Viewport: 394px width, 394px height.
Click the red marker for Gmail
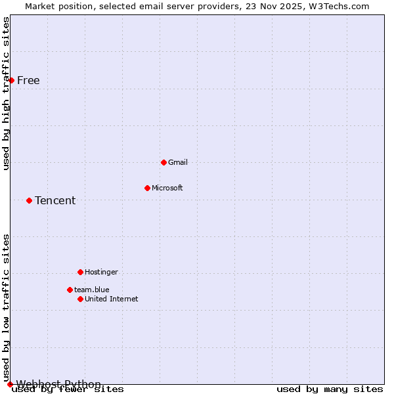point(164,162)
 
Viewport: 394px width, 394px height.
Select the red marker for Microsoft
point(147,188)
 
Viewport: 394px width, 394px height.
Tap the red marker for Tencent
point(29,200)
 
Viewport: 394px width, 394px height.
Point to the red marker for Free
point(11,80)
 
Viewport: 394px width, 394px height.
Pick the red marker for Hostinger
point(80,272)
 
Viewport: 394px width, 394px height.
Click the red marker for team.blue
point(70,290)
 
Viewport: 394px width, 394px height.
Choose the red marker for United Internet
point(80,299)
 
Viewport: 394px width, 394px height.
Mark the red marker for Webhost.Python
point(10,384)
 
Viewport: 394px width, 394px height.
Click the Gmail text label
point(178,162)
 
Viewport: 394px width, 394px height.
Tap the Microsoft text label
point(167,188)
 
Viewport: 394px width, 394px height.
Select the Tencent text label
point(55,200)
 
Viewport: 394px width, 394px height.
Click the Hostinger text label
point(101,272)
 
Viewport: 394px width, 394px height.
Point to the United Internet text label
point(112,299)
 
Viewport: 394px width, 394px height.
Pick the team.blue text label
point(91,290)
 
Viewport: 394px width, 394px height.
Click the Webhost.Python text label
point(58,384)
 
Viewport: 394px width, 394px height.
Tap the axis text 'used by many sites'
point(329,389)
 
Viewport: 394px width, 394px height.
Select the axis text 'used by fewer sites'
point(68,389)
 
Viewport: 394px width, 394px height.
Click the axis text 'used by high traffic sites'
point(6,93)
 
